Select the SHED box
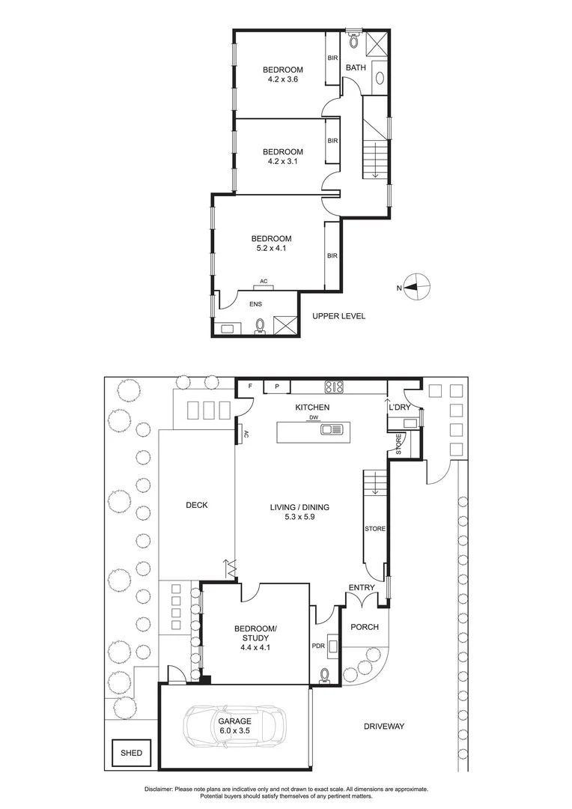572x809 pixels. tap(131, 753)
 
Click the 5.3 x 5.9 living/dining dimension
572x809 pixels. tap(299, 518)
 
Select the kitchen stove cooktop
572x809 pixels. tap(333, 387)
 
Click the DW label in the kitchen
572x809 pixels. tap(314, 419)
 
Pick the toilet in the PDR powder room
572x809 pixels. tap(325, 676)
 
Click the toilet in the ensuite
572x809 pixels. tap(261, 325)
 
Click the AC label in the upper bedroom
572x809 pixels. tap(264, 282)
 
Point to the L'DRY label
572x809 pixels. tap(398, 407)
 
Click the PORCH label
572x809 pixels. tap(364, 627)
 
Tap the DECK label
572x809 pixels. tap(196, 505)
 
